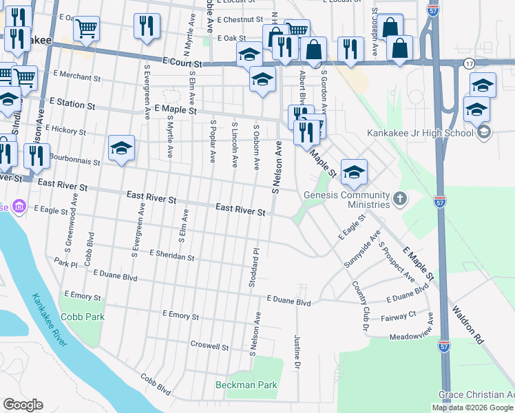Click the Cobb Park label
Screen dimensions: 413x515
click(83, 317)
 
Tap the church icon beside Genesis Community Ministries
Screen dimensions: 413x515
click(399, 200)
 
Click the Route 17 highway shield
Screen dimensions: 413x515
click(469, 63)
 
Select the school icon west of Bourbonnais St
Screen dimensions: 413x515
click(121, 148)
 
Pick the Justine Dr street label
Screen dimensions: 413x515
click(297, 350)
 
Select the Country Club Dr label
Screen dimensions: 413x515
click(361, 308)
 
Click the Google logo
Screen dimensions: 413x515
click(23, 405)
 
